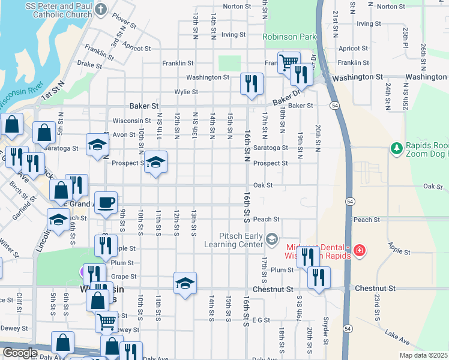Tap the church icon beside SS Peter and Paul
coord(101,9)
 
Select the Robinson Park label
coord(289,37)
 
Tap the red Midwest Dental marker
coord(359,250)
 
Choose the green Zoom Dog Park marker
coord(396,148)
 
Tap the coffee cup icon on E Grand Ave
coord(106,202)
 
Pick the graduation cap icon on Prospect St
coord(155,162)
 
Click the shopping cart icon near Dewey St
coord(106,320)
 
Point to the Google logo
coord(19,353)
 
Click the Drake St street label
coord(89,64)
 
